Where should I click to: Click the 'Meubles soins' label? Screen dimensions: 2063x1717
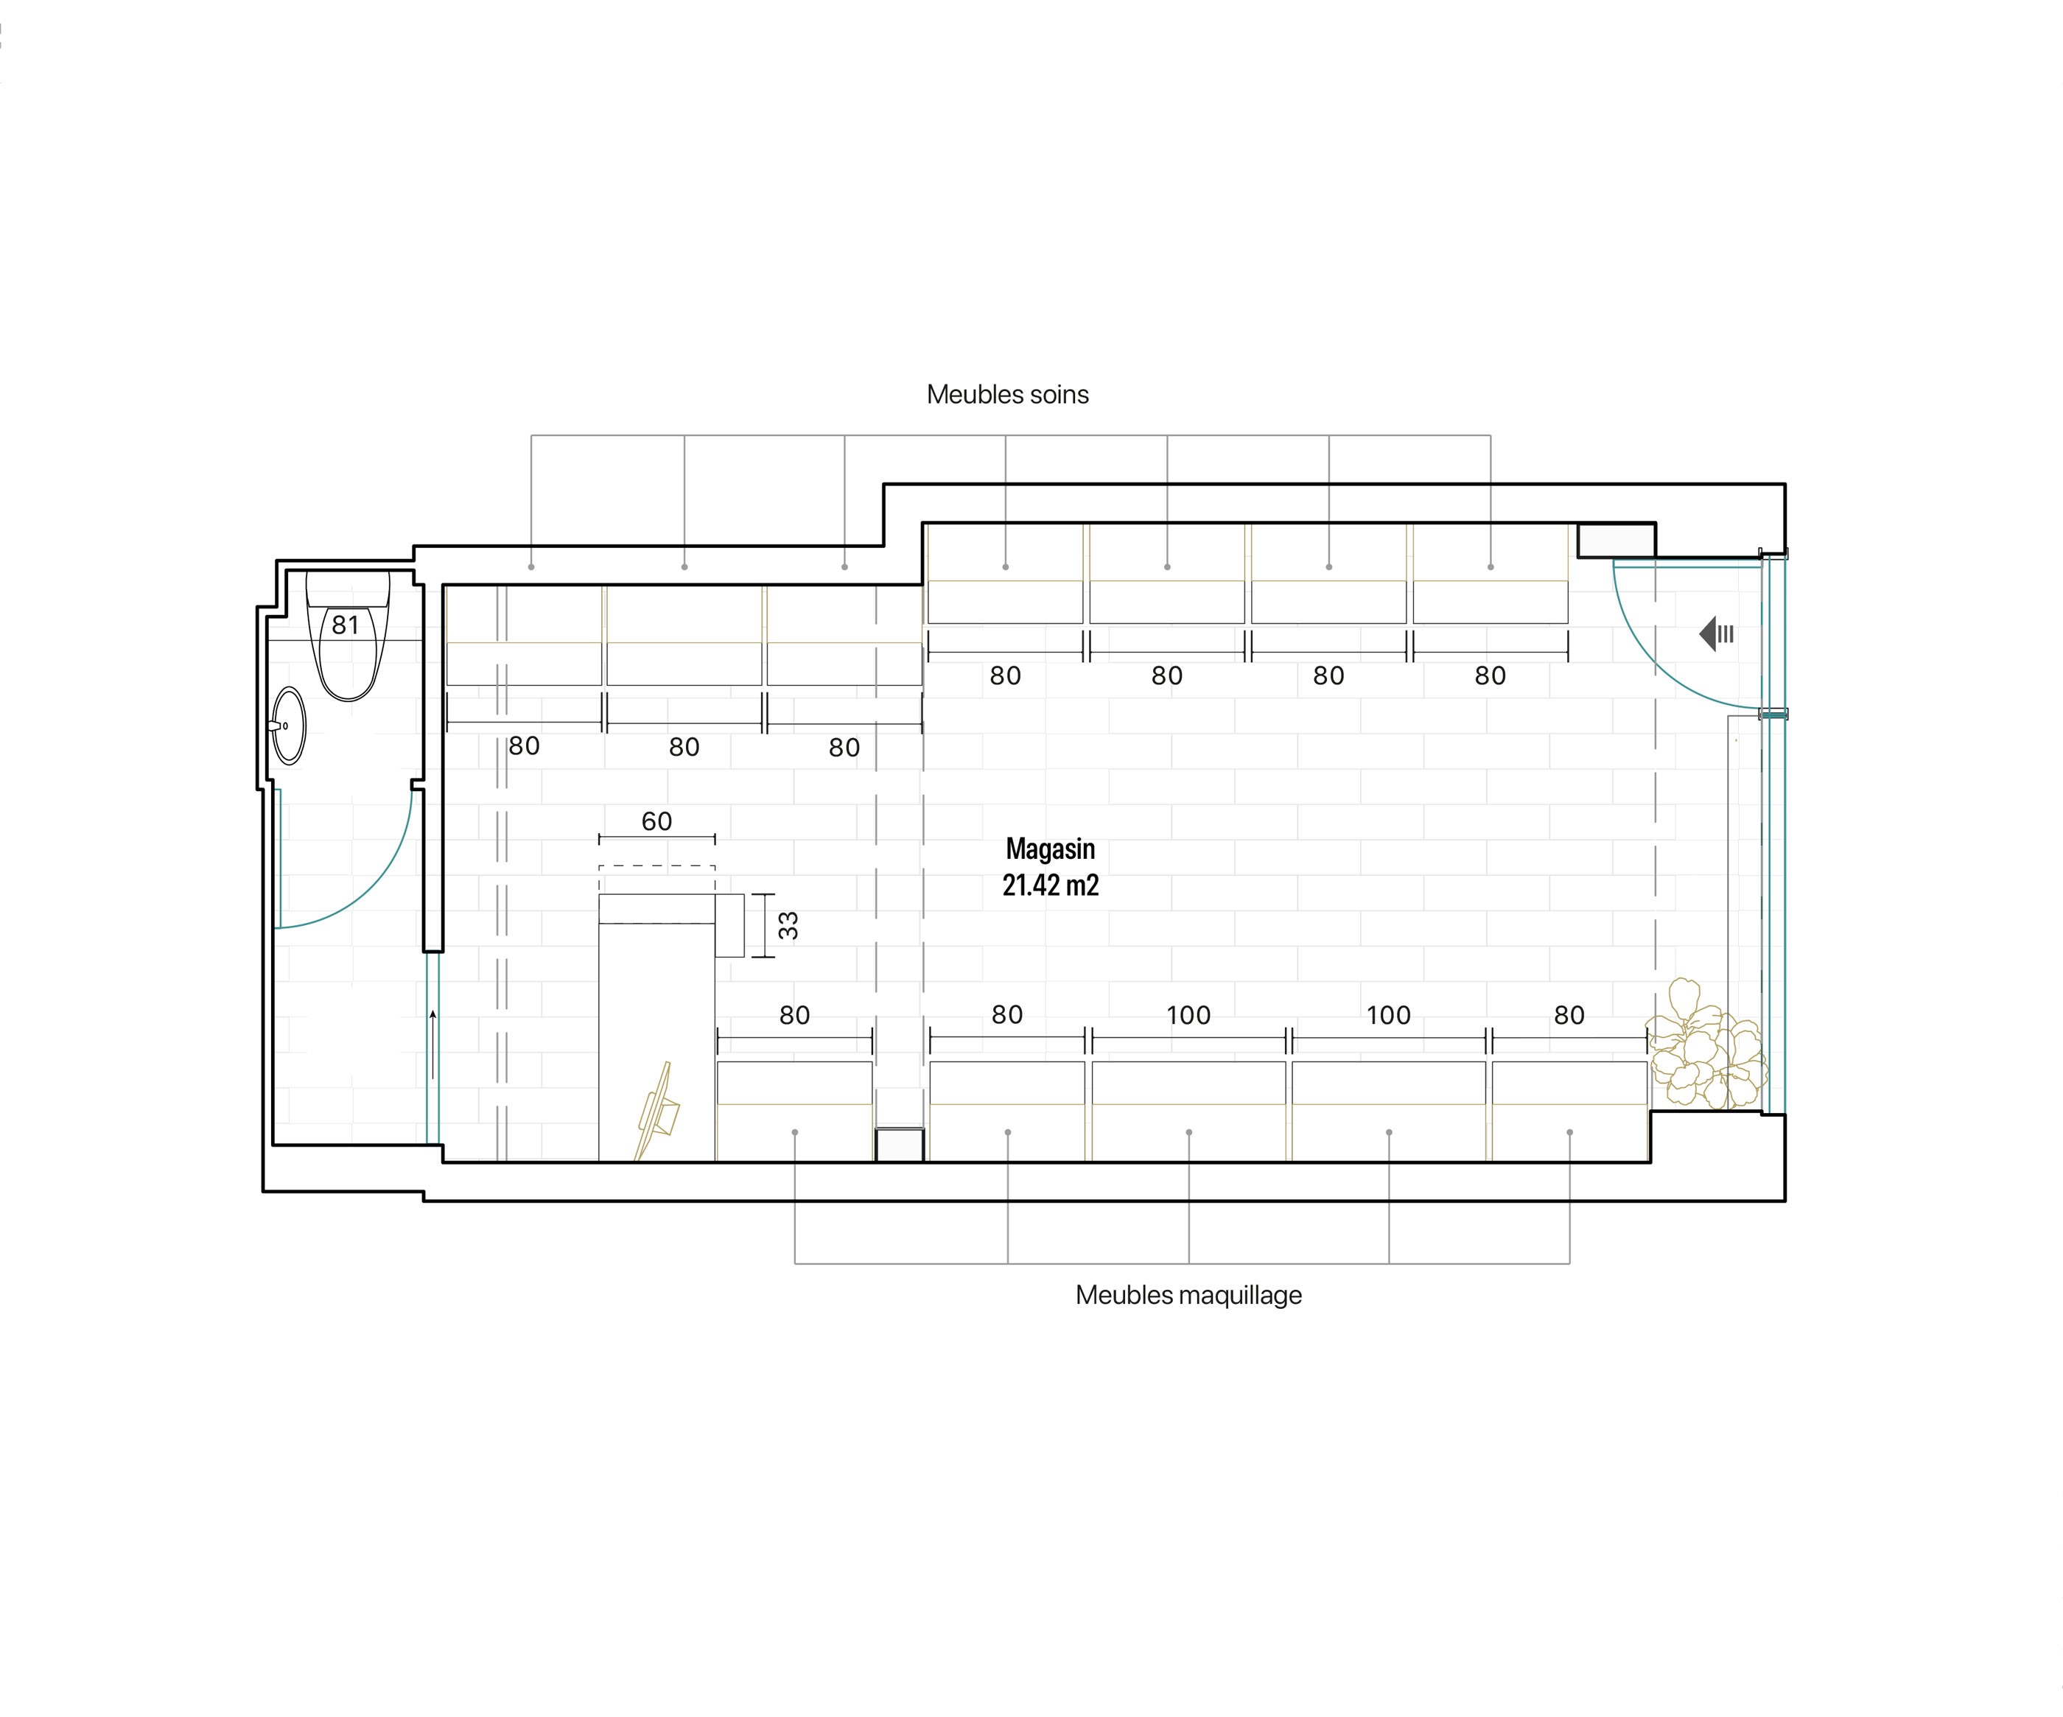coord(1008,395)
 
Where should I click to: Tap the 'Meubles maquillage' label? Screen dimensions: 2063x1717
coord(1188,1295)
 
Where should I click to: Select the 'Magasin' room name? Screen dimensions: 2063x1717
coord(1050,849)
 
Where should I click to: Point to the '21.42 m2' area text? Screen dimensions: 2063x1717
coord(1050,885)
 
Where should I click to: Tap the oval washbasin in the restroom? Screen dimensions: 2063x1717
coord(288,726)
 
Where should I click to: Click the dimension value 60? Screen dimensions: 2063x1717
coord(657,821)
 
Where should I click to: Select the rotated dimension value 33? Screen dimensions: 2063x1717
coord(788,925)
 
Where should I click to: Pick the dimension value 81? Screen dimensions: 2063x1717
coord(345,625)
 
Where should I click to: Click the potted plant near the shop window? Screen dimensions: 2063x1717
coord(1706,1045)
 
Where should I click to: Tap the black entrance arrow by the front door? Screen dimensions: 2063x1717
coord(1716,633)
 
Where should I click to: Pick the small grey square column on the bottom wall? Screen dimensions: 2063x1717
coord(900,1145)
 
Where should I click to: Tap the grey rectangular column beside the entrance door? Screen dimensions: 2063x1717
coord(1616,540)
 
